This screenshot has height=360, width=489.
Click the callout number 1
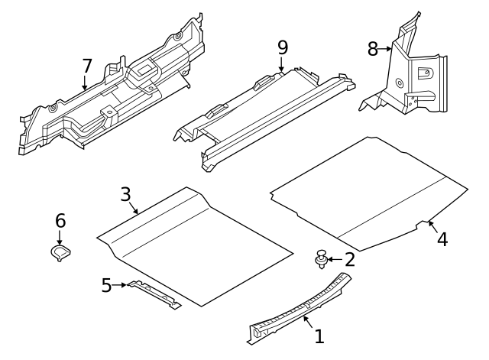(319, 336)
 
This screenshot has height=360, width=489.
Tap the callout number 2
(350, 259)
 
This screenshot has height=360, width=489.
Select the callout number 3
(126, 193)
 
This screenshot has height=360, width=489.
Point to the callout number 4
(442, 239)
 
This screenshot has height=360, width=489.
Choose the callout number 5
(106, 285)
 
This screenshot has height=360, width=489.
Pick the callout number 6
(60, 221)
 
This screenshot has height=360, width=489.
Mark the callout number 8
(373, 49)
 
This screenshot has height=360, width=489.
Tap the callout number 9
(283, 47)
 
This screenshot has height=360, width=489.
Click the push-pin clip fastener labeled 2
(322, 259)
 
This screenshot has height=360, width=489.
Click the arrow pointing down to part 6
(60, 237)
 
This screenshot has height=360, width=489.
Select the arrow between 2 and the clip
(335, 260)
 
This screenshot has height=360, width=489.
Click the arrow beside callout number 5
(121, 286)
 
